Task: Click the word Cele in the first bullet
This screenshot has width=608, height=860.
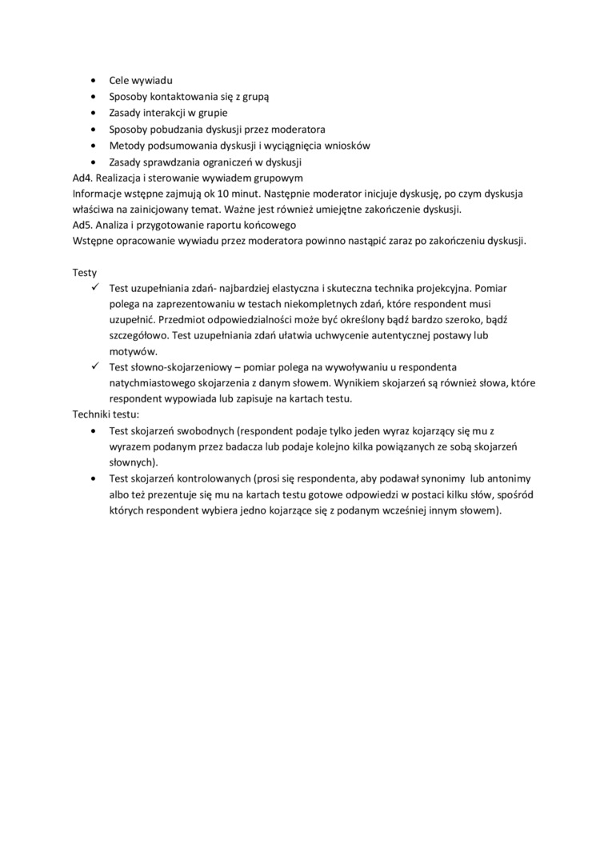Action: tap(120, 81)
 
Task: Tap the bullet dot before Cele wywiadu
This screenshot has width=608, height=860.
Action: tap(93, 81)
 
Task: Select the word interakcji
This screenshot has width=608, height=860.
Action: tap(165, 113)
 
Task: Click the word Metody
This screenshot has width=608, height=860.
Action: tap(127, 145)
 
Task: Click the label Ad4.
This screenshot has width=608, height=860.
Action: tap(82, 178)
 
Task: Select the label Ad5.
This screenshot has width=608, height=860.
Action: tap(82, 226)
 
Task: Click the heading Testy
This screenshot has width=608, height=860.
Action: tap(85, 272)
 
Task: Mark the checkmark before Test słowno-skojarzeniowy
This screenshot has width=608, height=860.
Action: tap(94, 366)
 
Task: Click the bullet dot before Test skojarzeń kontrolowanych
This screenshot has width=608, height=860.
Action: tap(93, 478)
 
